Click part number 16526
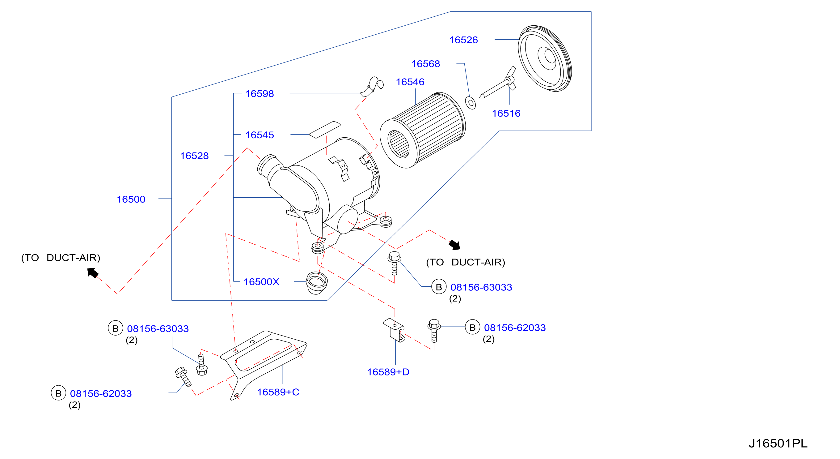pyautogui.click(x=463, y=40)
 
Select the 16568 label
pyautogui.click(x=425, y=64)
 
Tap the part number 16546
pyautogui.click(x=410, y=82)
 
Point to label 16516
pyautogui.click(x=506, y=113)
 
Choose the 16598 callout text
pyautogui.click(x=260, y=94)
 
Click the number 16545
pyautogui.click(x=260, y=135)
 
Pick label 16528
pyautogui.click(x=194, y=156)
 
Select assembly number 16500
pyautogui.click(x=131, y=199)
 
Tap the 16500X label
pyautogui.click(x=262, y=282)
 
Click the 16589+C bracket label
pyautogui.click(x=278, y=392)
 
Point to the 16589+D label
pyautogui.click(x=388, y=372)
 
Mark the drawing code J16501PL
pyautogui.click(x=778, y=443)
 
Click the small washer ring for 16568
pyautogui.click(x=471, y=103)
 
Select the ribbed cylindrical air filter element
pyautogui.click(x=423, y=130)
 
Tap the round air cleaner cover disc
pyautogui.click(x=545, y=58)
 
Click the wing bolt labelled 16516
pyautogui.click(x=498, y=83)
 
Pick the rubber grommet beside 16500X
pyautogui.click(x=317, y=283)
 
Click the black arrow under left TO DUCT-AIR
pyautogui.click(x=93, y=272)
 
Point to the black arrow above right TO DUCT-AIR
pyautogui.click(x=454, y=245)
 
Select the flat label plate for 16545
pyautogui.click(x=325, y=130)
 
